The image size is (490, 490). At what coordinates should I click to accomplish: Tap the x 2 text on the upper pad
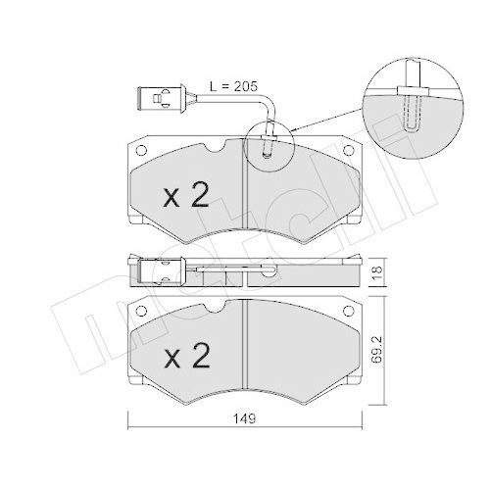coord(185,196)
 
